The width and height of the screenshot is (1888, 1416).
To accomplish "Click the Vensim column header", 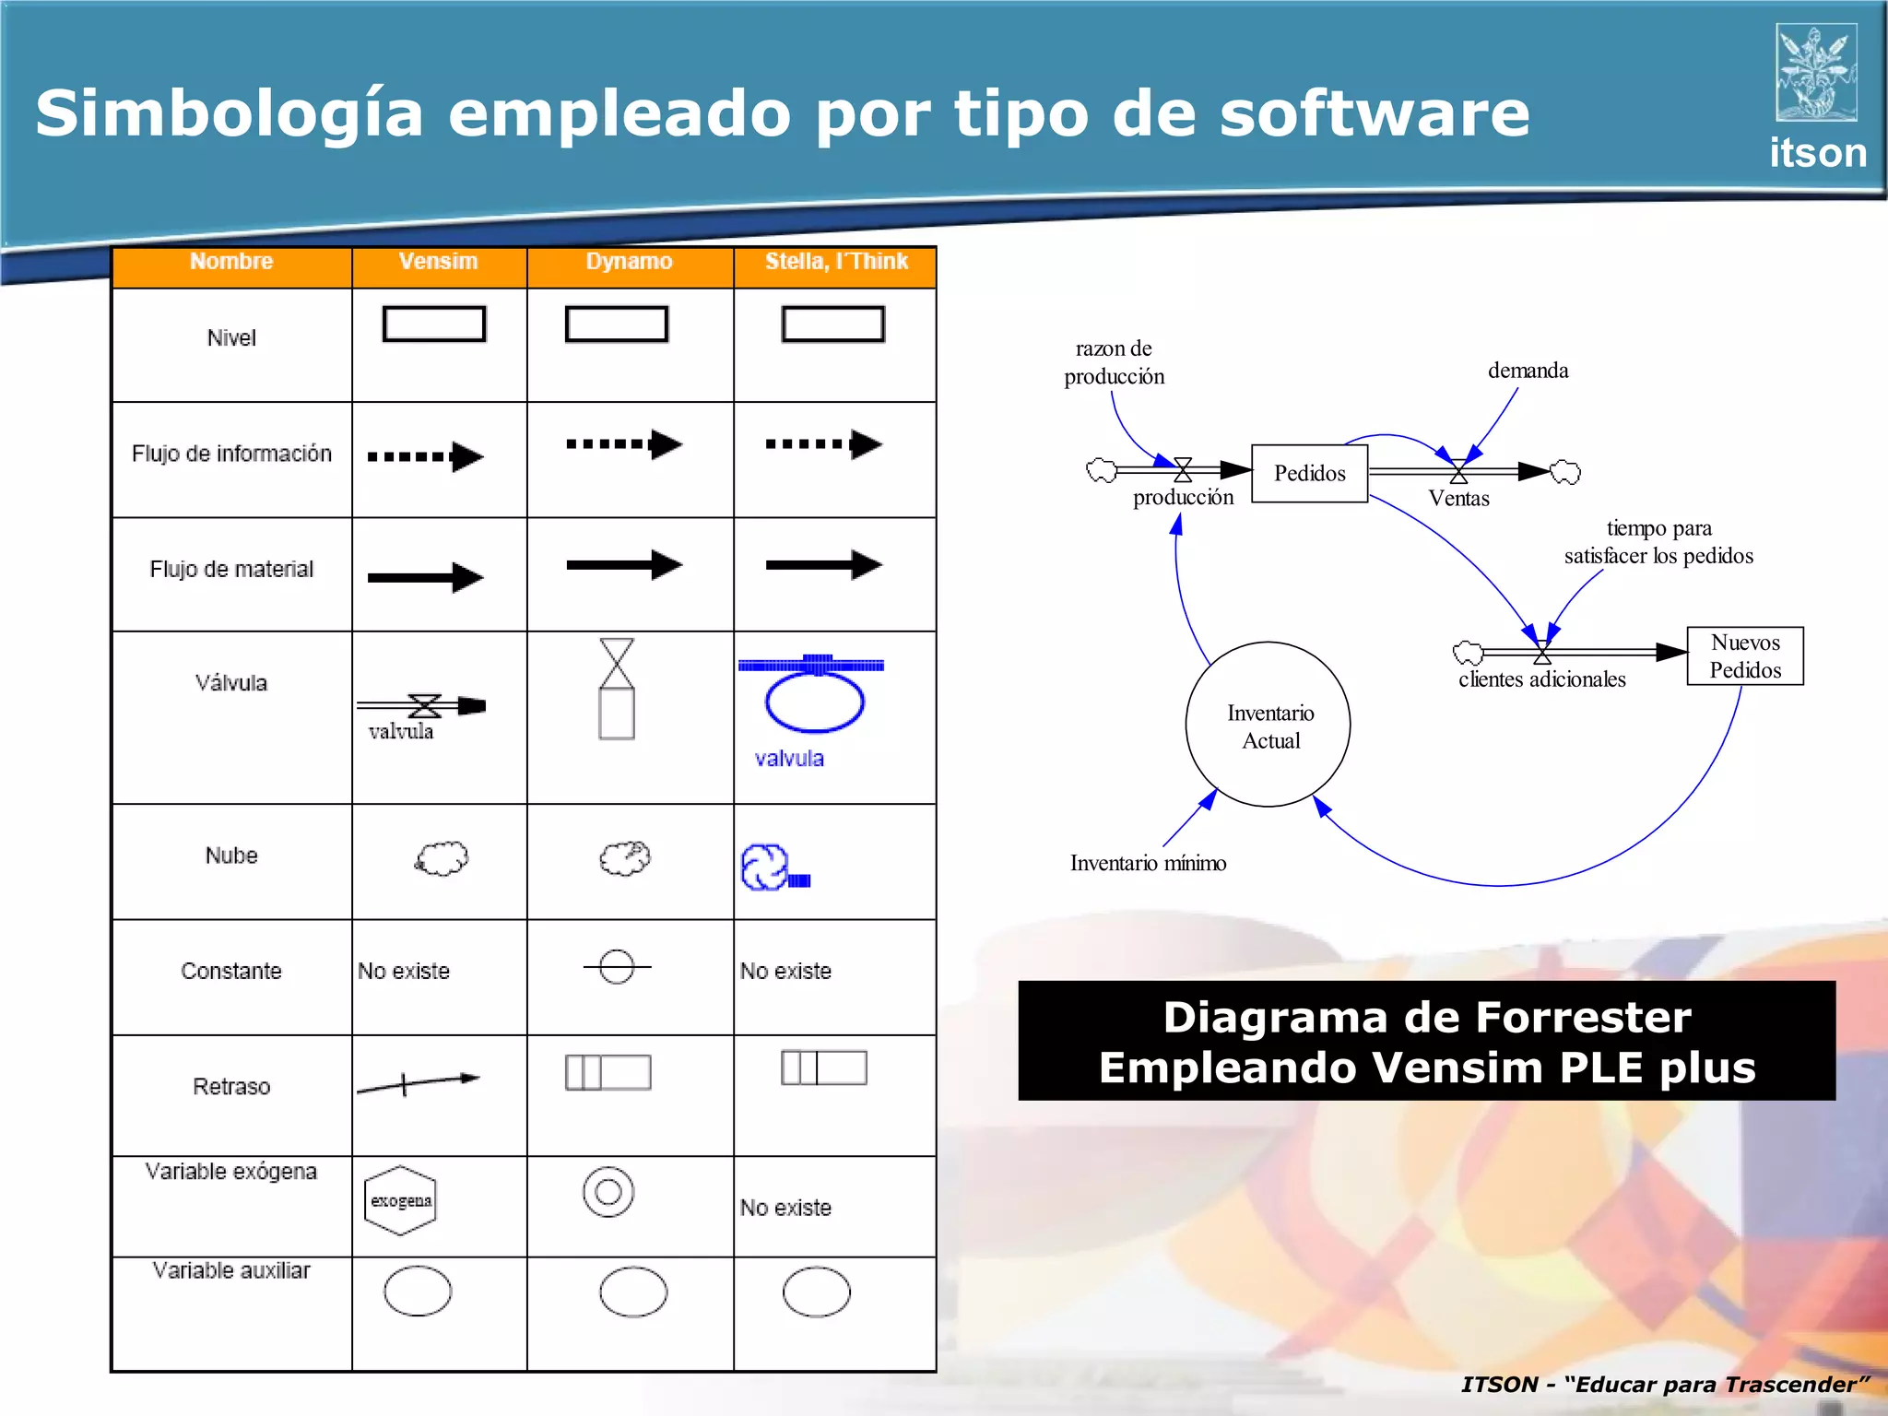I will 438,262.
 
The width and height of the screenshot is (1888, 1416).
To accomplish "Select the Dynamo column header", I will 629,262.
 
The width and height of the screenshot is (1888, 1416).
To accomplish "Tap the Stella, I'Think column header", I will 836,262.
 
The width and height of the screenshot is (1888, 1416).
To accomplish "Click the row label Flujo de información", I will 231,454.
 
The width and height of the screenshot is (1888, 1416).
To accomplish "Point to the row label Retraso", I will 231,1087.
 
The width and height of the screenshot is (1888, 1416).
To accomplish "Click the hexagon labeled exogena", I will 400,1200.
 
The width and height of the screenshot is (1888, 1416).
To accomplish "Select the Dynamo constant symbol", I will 617,967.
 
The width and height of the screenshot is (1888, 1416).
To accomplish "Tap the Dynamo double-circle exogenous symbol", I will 608,1192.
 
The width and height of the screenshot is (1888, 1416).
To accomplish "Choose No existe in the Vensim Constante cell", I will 404,971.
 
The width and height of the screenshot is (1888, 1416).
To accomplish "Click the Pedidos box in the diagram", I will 1309,473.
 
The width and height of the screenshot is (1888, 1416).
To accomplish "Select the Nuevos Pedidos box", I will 1745,656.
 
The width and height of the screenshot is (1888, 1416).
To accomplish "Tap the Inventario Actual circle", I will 1268,726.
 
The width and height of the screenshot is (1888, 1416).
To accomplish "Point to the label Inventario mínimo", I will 1148,863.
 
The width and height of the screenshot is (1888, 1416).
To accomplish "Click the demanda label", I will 1528,371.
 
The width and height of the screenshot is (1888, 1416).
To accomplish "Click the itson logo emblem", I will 1816,73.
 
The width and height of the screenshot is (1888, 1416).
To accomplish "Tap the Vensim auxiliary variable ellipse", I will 418,1291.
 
